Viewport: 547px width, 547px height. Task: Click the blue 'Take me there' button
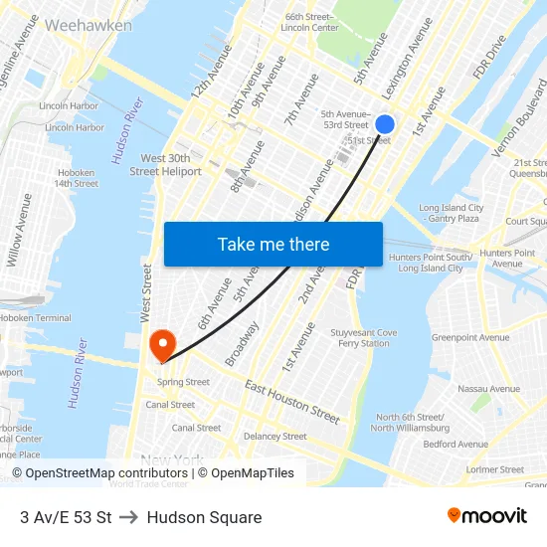[x=273, y=244]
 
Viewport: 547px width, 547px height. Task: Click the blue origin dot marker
[x=385, y=124]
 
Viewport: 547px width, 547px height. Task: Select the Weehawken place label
[x=88, y=25]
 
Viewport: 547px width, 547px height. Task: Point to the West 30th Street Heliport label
[x=165, y=165]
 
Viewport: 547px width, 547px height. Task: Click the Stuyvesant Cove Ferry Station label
[x=367, y=338]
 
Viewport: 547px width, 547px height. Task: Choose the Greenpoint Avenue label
[x=469, y=338]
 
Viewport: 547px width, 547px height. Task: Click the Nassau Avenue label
[x=488, y=389]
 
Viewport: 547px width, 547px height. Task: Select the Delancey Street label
[x=275, y=437]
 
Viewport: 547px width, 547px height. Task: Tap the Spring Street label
[x=183, y=382]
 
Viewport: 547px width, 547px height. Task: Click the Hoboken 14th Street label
[x=76, y=177]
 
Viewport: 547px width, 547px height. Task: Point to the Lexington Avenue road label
[x=407, y=59]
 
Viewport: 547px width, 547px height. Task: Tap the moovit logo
[x=486, y=516]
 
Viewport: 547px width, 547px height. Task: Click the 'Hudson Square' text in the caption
[x=204, y=517]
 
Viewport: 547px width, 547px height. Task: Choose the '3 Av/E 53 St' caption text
[x=66, y=517]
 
